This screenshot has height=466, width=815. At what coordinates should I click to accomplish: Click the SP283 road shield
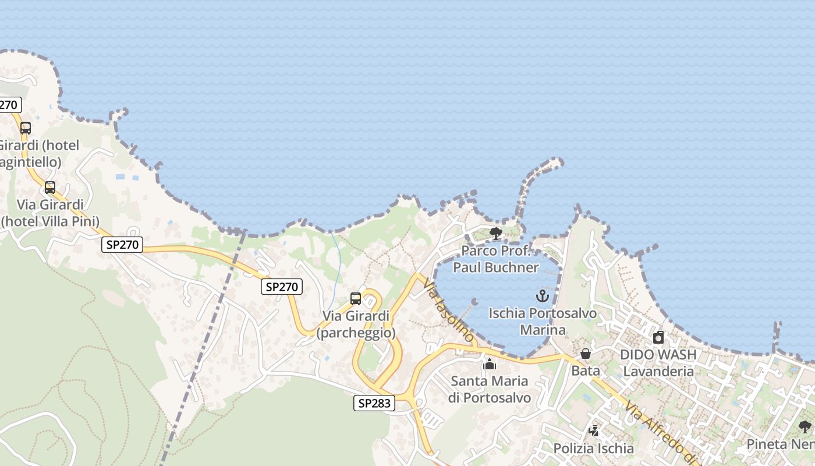[x=374, y=403]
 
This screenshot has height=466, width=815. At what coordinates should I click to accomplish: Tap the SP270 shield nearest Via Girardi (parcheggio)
[x=282, y=286]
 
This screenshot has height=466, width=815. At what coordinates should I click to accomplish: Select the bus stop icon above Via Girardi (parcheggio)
[x=356, y=299]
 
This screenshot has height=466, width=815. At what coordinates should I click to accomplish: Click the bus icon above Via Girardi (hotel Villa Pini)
[x=50, y=188]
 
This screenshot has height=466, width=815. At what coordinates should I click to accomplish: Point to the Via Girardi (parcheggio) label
[x=356, y=324]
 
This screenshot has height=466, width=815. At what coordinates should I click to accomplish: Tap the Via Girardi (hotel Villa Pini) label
[x=50, y=213]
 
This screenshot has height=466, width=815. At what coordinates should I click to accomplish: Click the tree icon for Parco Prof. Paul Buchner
[x=496, y=234]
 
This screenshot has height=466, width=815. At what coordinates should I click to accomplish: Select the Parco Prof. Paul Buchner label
[x=496, y=259]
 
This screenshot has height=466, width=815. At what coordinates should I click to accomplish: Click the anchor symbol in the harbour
[x=543, y=296]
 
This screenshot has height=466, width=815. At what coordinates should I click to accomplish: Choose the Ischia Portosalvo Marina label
[x=543, y=322]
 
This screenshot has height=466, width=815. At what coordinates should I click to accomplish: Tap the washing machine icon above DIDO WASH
[x=658, y=337]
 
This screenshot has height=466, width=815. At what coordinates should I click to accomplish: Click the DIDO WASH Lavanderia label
[x=658, y=363]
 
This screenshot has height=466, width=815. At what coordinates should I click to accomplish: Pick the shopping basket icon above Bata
[x=586, y=354]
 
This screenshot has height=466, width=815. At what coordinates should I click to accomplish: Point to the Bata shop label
[x=586, y=370]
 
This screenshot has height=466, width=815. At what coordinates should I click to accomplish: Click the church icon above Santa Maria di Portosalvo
[x=490, y=364]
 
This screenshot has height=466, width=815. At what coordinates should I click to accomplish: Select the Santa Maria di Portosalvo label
[x=490, y=390]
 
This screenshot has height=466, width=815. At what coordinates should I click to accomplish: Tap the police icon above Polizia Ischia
[x=594, y=431]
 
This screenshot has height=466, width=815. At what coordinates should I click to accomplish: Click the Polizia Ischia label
[x=594, y=449]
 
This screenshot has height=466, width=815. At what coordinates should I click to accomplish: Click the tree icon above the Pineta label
[x=805, y=427]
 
